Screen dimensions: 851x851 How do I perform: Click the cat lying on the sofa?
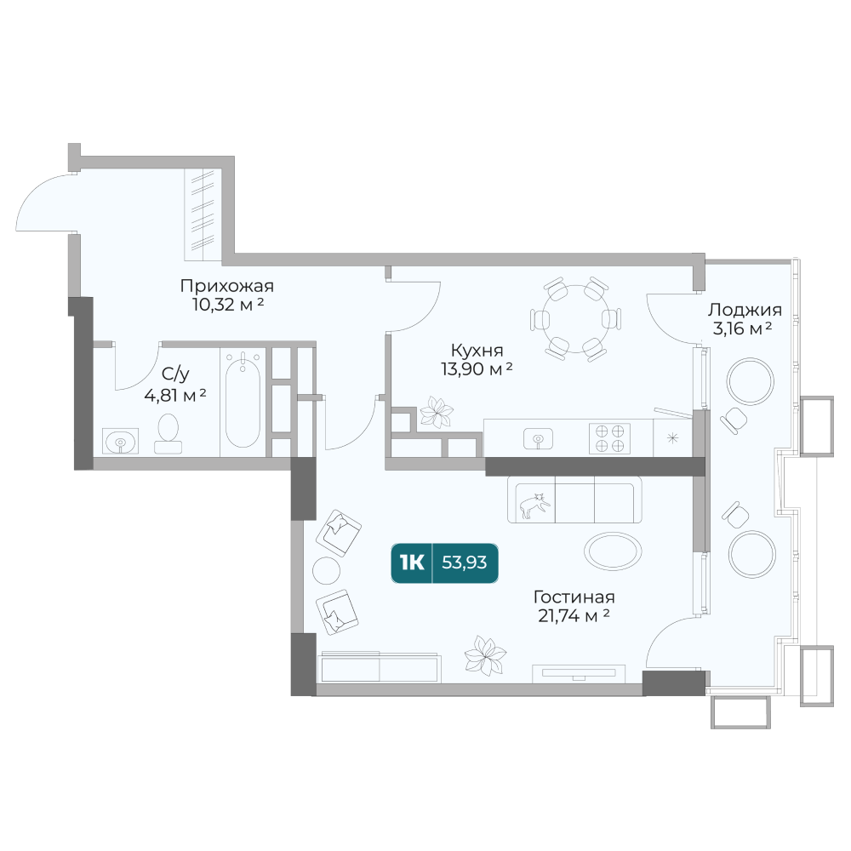point(534,505)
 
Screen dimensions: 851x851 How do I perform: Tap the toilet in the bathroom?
point(168,434)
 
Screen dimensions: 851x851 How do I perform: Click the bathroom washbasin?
point(120,441)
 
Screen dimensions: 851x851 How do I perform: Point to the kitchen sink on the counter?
point(538,438)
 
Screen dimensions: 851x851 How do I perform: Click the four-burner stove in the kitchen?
point(609,438)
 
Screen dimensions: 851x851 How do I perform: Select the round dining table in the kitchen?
point(575,318)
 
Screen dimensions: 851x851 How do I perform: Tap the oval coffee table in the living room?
point(613,551)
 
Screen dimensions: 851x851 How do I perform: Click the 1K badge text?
point(411,563)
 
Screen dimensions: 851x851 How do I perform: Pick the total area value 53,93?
point(464,563)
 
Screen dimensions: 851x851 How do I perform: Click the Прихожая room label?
point(227,285)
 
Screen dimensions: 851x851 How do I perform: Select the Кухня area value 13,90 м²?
point(477,369)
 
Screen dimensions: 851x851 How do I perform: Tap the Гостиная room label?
point(574,597)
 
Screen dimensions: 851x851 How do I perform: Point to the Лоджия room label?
point(745,310)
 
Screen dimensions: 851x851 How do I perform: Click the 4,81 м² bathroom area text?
point(174,396)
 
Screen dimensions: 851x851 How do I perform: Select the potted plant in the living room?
point(485,655)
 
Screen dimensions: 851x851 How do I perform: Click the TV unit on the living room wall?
point(579,673)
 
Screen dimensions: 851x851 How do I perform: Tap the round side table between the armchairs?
point(326,570)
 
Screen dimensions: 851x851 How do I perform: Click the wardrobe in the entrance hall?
point(202,215)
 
